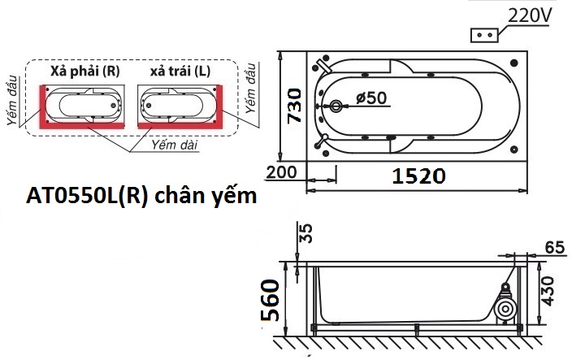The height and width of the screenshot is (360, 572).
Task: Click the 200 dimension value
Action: tap(281, 173)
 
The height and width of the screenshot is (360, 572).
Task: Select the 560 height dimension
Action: tap(273, 301)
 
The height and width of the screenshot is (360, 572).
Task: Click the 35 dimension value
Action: tap(305, 233)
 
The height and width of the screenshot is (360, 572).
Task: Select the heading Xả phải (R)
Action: tap(84, 72)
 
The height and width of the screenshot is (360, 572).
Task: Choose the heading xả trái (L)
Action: tap(180, 72)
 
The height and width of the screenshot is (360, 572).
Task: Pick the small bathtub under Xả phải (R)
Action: tap(84, 105)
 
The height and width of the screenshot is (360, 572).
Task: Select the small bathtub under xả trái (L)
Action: tap(179, 105)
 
